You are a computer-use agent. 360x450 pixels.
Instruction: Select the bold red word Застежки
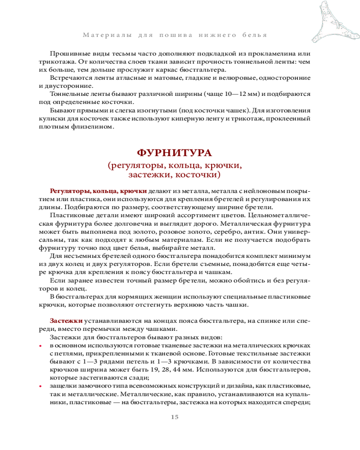66,321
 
